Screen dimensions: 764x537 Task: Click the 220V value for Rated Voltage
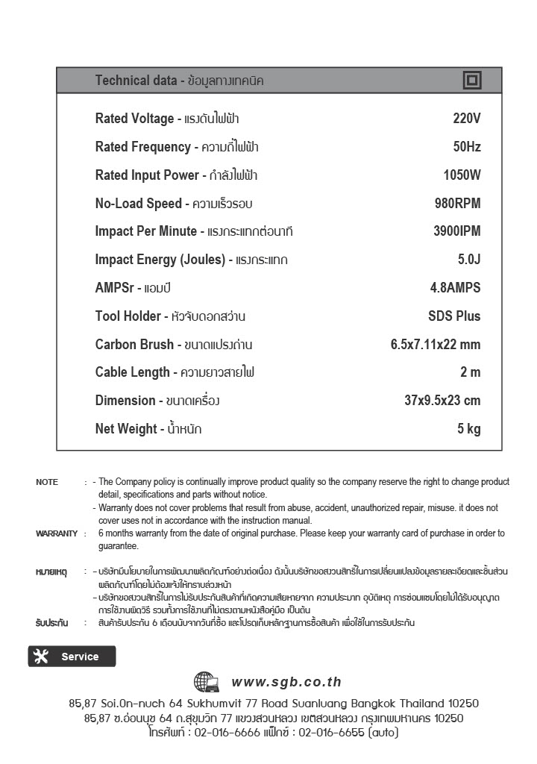(x=467, y=119)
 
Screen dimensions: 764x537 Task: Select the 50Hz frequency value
(x=467, y=147)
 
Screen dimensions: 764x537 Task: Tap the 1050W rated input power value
(x=462, y=175)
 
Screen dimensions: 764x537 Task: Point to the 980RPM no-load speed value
(x=457, y=204)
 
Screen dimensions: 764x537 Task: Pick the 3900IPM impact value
(x=456, y=231)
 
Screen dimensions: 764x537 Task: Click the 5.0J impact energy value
(x=469, y=260)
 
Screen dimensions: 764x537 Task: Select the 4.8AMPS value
(x=455, y=288)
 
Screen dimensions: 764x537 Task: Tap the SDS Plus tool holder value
(x=454, y=316)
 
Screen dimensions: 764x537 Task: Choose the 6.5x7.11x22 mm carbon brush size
(x=435, y=345)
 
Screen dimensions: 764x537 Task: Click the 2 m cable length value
(x=471, y=372)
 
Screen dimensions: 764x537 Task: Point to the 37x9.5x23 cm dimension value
(x=442, y=401)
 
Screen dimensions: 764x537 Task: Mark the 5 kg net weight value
(x=469, y=429)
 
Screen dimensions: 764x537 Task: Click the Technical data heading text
(x=136, y=81)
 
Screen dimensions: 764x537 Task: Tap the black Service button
(x=72, y=657)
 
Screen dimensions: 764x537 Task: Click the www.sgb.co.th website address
(x=286, y=682)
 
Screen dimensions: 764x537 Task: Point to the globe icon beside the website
(x=207, y=682)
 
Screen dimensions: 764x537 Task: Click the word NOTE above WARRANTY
(x=47, y=482)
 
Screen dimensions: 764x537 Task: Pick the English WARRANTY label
(x=57, y=533)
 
